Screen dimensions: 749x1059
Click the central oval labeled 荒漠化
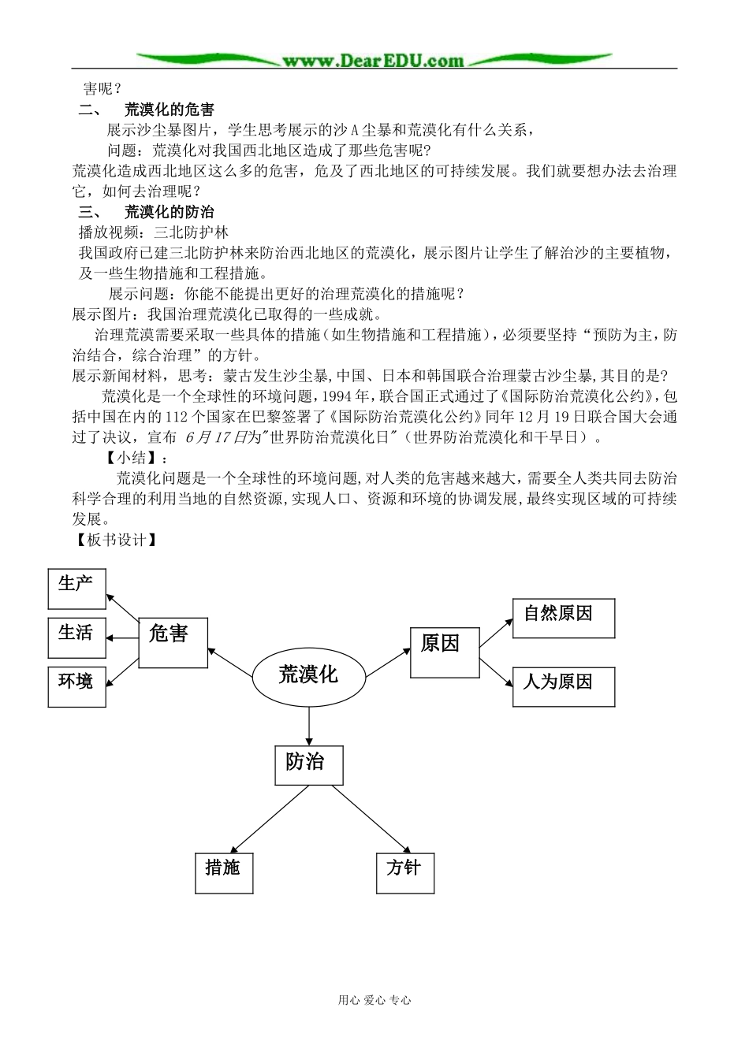click(308, 675)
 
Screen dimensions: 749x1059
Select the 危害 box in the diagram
click(173, 643)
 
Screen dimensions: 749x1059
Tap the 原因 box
click(445, 652)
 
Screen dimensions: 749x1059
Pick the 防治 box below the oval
click(308, 764)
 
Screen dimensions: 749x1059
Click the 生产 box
click(76, 589)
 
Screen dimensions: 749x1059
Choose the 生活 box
click(76, 638)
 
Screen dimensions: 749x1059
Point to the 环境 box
click(76, 686)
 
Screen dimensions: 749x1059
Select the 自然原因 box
click(563, 618)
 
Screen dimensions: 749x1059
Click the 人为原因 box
click(563, 686)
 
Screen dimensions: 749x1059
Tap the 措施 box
click(224, 872)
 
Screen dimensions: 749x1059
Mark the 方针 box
click(405, 872)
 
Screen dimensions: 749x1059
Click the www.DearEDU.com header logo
click(374, 60)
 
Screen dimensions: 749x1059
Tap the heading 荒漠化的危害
click(169, 110)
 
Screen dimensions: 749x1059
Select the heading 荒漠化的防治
click(169, 212)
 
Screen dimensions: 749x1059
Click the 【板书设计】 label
click(115, 540)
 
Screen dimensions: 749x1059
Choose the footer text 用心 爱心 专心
click(374, 1000)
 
